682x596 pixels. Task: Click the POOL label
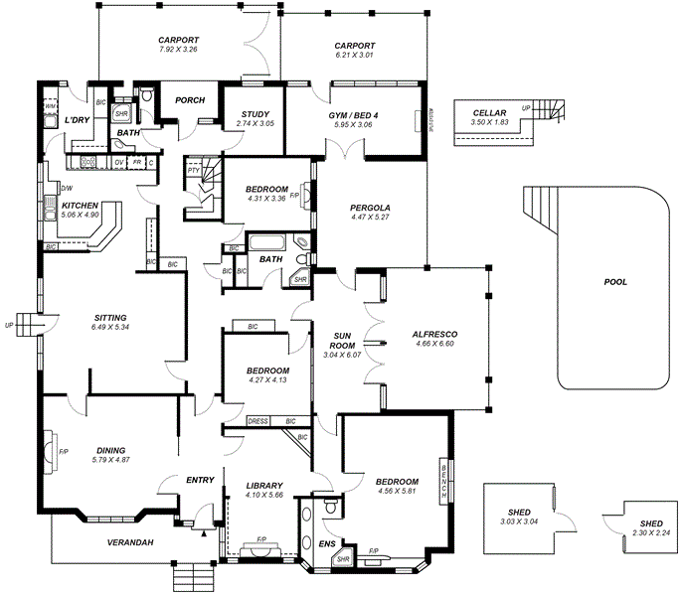coord(615,282)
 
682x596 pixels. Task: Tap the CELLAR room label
coord(489,113)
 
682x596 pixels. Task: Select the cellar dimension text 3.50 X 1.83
coord(489,122)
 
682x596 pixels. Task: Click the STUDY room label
coord(254,114)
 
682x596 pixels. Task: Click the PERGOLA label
coord(370,208)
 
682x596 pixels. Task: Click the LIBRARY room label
coord(263,485)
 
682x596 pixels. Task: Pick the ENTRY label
coord(200,481)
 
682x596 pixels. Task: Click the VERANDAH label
coord(129,542)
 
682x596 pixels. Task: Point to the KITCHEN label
coord(80,206)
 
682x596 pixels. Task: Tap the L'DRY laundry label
coord(77,120)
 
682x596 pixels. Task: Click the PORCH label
coord(190,100)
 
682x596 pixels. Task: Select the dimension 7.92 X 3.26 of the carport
coord(179,50)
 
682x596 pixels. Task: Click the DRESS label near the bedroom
coord(258,421)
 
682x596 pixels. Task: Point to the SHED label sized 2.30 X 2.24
coord(651,523)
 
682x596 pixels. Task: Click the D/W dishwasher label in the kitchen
coord(67,188)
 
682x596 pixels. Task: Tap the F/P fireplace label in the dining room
coord(64,452)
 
